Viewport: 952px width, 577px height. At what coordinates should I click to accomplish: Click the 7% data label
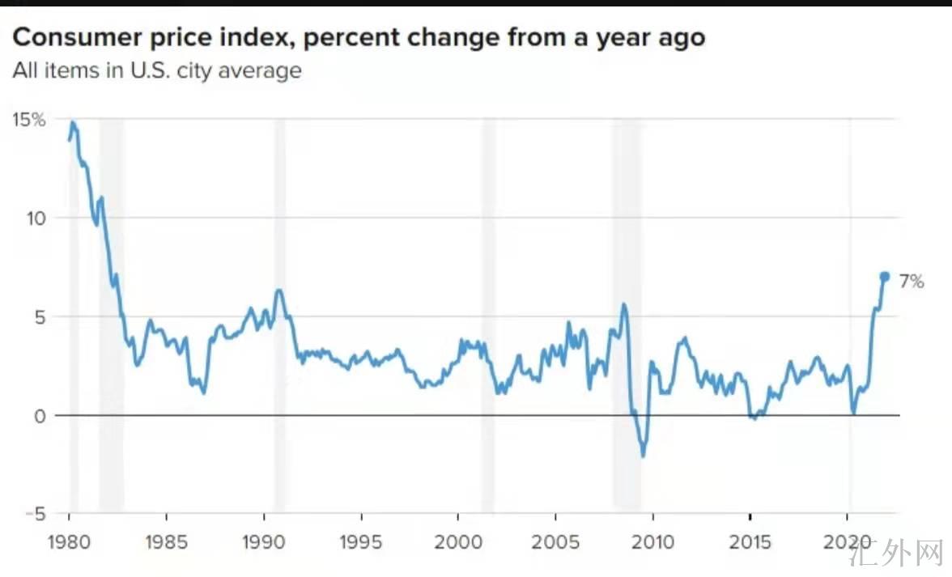point(911,282)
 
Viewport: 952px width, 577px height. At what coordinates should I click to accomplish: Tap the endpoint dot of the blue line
point(885,276)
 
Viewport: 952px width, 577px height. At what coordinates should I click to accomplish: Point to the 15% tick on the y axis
point(28,120)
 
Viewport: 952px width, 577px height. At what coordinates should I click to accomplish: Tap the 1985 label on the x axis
point(166,541)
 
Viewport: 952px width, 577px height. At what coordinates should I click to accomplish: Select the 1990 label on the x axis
point(264,541)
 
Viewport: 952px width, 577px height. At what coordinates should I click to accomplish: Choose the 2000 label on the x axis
point(458,541)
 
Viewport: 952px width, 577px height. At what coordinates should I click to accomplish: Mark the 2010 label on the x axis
point(652,541)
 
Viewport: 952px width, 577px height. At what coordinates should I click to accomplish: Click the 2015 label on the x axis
point(750,541)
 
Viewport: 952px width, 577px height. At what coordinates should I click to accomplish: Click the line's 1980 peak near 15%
point(72,122)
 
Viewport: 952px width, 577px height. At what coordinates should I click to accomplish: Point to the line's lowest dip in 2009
point(644,456)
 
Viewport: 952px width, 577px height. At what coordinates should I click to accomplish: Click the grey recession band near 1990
point(280,316)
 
